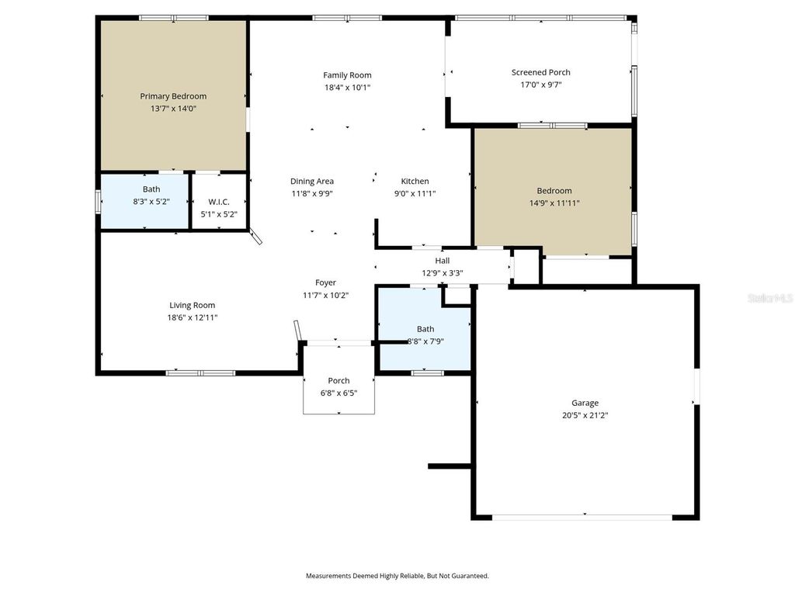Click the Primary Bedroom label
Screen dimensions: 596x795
pyautogui.click(x=173, y=96)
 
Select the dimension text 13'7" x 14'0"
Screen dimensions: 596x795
pyautogui.click(x=173, y=109)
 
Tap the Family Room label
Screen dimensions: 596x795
pyautogui.click(x=347, y=75)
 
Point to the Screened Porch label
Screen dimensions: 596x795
pyautogui.click(x=540, y=72)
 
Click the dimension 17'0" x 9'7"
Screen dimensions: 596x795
pyautogui.click(x=540, y=85)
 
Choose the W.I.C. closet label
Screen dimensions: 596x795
pyautogui.click(x=219, y=202)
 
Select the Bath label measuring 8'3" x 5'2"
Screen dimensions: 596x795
pyautogui.click(x=151, y=189)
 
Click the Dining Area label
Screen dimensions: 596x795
pyautogui.click(x=312, y=182)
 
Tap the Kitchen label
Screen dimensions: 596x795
pyautogui.click(x=415, y=182)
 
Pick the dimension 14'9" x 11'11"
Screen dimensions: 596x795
pyautogui.click(x=554, y=203)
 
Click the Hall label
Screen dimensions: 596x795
pyautogui.click(x=443, y=261)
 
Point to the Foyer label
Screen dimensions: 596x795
pyautogui.click(x=325, y=282)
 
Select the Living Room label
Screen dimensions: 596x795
pyautogui.click(x=193, y=305)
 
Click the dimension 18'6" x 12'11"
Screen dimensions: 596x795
pyautogui.click(x=193, y=318)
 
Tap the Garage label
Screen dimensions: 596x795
pyautogui.click(x=585, y=403)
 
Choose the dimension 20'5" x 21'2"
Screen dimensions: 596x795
pyautogui.click(x=585, y=415)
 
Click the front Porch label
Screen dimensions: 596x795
pyautogui.click(x=338, y=380)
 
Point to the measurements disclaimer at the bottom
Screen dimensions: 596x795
pyautogui.click(x=397, y=576)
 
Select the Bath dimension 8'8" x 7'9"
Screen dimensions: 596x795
pyautogui.click(x=425, y=341)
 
